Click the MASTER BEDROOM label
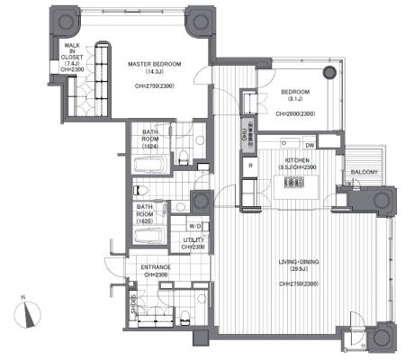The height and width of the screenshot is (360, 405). point(155,65)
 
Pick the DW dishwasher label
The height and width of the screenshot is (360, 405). point(310,145)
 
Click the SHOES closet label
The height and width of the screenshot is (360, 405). point(134,304)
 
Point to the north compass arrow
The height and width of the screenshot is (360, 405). point(31,315)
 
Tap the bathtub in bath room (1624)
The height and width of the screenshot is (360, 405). point(148,166)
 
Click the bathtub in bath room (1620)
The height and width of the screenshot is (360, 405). point(148,237)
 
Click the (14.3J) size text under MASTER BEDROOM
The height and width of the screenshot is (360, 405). point(155,73)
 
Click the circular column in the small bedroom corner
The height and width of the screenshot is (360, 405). point(332,72)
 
